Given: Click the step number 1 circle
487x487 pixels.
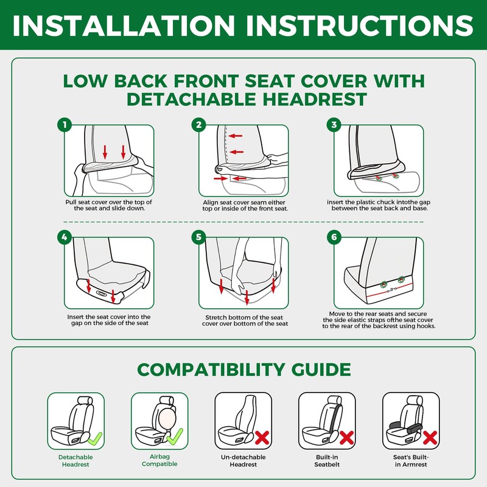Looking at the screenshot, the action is point(65,125).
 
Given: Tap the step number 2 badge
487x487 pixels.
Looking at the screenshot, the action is point(199,125).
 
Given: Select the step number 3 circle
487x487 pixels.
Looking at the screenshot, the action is point(334,125).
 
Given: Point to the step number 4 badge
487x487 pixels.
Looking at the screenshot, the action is point(65,237).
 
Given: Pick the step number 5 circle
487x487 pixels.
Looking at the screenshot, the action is point(199,237).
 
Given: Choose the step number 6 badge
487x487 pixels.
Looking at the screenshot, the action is point(334,237).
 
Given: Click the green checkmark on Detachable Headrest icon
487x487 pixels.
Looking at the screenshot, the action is point(95,438).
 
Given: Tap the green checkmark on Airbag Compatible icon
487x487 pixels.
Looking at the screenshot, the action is point(175,436).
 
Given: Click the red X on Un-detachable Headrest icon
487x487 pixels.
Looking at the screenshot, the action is point(262,438).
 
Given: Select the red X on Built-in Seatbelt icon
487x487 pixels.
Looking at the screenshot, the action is point(346,438).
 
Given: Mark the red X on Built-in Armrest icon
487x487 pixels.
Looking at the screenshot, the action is point(430,438).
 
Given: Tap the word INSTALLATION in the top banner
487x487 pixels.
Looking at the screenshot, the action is point(124,25).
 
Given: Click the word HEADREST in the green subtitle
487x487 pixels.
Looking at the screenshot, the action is point(315,99).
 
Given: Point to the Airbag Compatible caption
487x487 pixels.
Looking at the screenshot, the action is point(159,460).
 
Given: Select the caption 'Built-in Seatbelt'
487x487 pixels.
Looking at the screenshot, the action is point(327,461).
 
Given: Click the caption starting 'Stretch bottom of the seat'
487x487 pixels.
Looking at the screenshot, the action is point(245,321).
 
